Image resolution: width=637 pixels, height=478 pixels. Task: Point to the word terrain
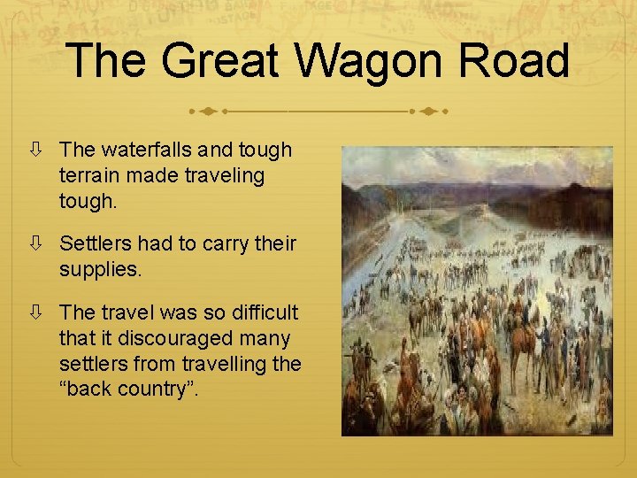tap(92, 175)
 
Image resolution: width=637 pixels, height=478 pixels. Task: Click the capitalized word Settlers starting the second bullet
tap(95, 243)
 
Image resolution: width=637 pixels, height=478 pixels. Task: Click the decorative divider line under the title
tap(318, 112)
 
